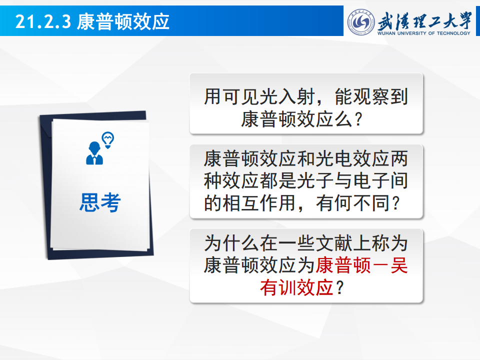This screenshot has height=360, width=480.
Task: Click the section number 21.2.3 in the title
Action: (x=43, y=21)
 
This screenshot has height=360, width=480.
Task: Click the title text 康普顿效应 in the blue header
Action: (x=123, y=21)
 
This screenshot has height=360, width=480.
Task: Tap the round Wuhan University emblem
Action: (x=361, y=22)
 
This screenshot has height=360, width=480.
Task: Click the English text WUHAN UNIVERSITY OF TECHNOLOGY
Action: (x=423, y=33)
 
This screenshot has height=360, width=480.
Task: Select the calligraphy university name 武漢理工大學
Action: (x=424, y=20)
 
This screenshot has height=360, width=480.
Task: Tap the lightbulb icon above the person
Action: (x=108, y=140)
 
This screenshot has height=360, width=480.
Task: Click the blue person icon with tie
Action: (x=94, y=153)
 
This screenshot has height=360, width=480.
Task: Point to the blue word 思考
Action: (x=100, y=202)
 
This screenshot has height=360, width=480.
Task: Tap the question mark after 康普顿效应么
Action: (x=359, y=119)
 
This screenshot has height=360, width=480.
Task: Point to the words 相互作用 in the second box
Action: (x=259, y=203)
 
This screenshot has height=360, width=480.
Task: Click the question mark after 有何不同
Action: (x=396, y=203)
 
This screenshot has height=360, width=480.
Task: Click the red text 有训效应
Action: (x=296, y=288)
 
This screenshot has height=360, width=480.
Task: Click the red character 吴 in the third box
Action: (x=399, y=265)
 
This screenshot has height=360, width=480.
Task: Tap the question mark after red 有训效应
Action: (x=340, y=288)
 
